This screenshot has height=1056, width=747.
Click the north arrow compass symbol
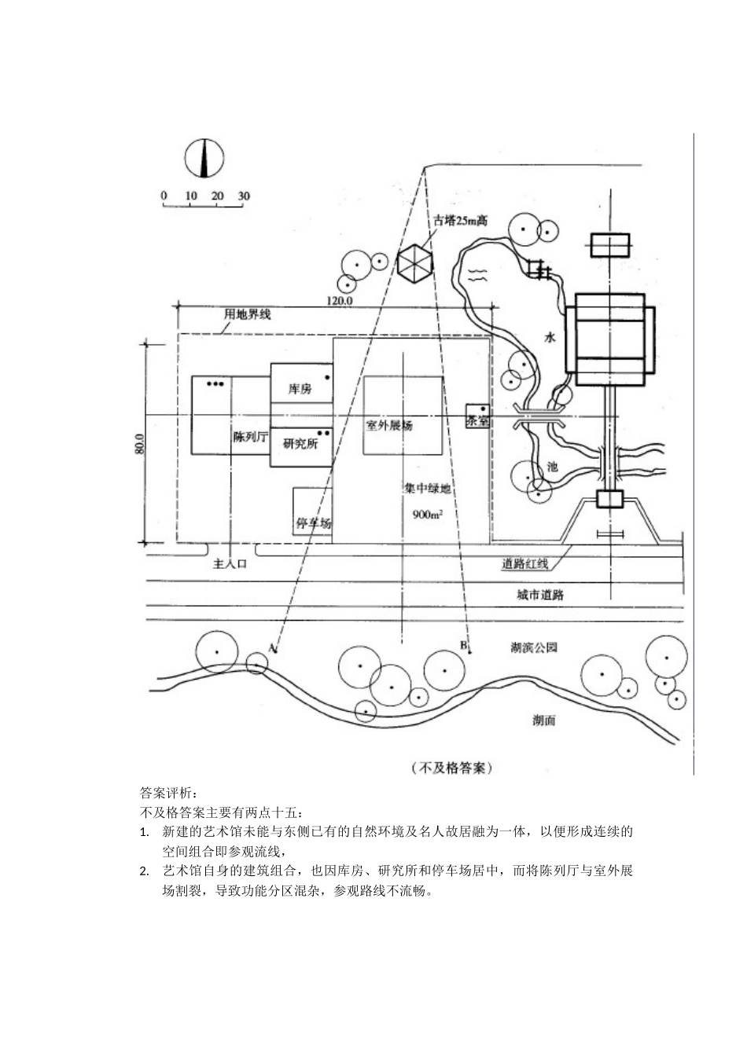[x=204, y=158]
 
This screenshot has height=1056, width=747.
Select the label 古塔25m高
[x=461, y=221]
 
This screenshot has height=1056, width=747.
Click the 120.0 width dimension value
[x=339, y=300]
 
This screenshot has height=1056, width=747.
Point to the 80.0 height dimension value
[x=140, y=445]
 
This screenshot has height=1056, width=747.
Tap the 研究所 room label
[x=300, y=443]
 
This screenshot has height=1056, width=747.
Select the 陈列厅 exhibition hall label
[x=252, y=438]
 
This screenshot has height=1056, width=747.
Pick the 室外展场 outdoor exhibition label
[x=389, y=426]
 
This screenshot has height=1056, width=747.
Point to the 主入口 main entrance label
[x=230, y=563]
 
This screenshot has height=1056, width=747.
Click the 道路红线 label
[x=525, y=563]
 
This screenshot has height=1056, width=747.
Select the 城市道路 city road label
[x=540, y=595]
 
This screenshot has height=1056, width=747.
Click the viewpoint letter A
[x=272, y=648]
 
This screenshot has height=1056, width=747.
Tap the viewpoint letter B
[x=463, y=645]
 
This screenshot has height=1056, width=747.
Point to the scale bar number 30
[x=243, y=196]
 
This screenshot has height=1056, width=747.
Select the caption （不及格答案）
[x=451, y=767]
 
